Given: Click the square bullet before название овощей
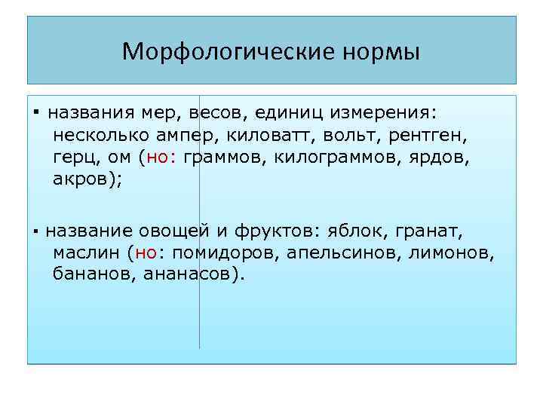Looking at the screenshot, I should click(35, 231).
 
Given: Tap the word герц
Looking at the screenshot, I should click(77, 158).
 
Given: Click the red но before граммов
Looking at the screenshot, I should click(159, 158).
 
